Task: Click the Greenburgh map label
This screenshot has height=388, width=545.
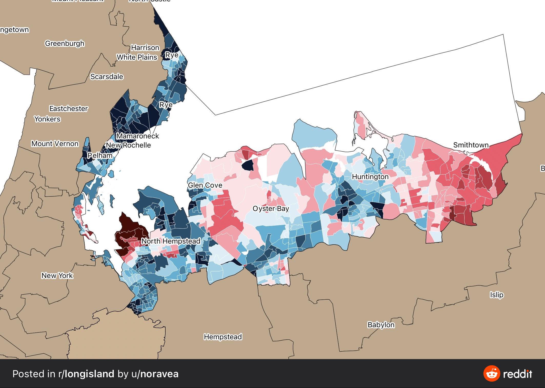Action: click(65, 44)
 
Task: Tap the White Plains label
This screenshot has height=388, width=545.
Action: click(137, 57)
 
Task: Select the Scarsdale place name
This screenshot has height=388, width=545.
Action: click(107, 77)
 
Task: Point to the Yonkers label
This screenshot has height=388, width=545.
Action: click(47, 119)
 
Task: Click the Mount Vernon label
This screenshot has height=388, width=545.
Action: click(55, 144)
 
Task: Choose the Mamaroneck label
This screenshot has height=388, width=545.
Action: click(138, 136)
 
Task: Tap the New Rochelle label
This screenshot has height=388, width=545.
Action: click(128, 145)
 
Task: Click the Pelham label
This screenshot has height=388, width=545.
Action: click(100, 155)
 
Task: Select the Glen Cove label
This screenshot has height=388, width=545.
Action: click(205, 185)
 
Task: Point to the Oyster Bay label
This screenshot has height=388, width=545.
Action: click(271, 209)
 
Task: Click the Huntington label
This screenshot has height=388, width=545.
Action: click(370, 177)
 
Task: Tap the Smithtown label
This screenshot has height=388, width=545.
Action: click(471, 145)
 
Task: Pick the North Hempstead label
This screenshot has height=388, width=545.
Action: click(171, 241)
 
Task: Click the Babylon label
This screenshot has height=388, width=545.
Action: click(381, 325)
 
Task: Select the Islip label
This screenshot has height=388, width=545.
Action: click(497, 295)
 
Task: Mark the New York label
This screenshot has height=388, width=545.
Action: click(57, 276)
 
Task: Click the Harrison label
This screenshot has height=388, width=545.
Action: click(145, 48)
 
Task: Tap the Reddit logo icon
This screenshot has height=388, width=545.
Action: click(491, 374)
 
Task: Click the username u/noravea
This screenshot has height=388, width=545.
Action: click(155, 374)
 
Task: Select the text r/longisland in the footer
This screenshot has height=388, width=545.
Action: click(86, 374)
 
